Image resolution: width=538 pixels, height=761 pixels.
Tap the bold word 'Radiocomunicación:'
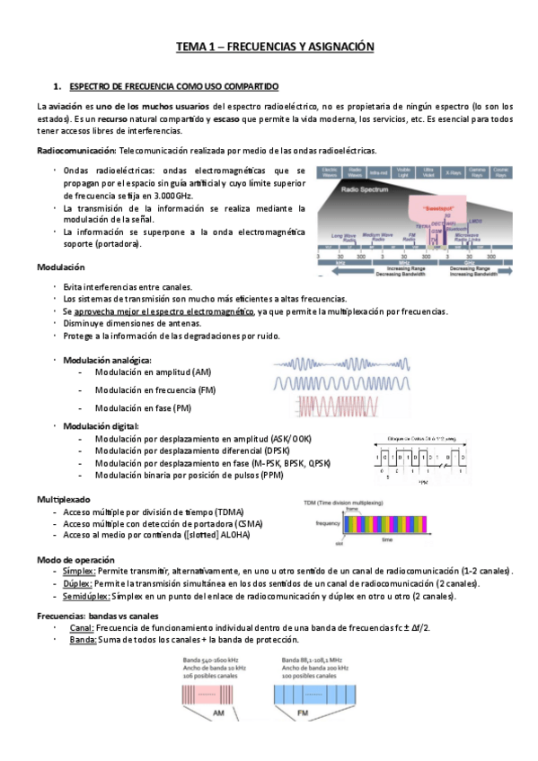pos(69,150)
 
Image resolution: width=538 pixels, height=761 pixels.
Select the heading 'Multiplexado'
pos(63,498)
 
